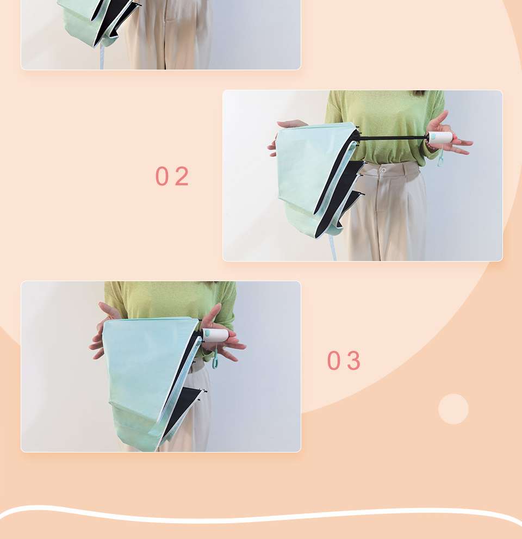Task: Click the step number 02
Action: point(172,176)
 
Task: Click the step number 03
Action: point(344,361)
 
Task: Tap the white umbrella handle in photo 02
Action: point(440,138)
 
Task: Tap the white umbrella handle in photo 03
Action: point(215,335)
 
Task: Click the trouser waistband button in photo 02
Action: point(383,170)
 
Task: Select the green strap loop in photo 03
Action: point(216,357)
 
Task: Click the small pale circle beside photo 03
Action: point(453,409)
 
